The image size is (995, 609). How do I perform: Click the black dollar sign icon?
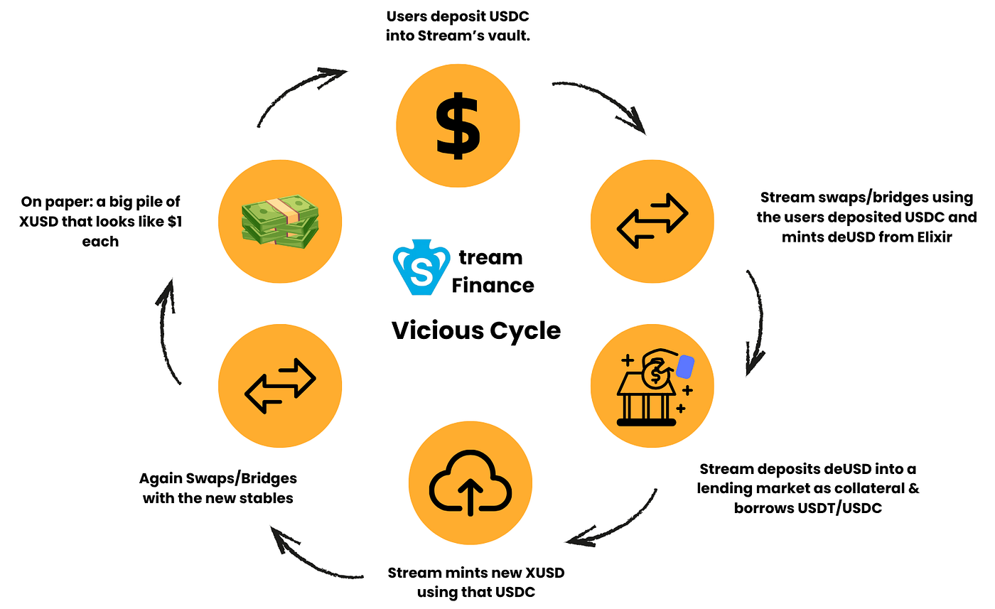tap(458, 126)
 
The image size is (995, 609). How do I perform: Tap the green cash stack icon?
tap(280, 221)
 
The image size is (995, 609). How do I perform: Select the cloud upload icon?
tap(470, 483)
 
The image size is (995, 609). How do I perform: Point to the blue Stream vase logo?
tap(421, 267)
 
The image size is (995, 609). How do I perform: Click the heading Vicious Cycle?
tap(476, 330)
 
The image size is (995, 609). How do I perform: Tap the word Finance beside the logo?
tap(493, 285)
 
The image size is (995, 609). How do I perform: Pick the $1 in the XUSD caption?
tap(175, 221)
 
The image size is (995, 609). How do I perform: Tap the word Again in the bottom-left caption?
tap(161, 478)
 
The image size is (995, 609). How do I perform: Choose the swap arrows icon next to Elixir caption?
tap(652, 221)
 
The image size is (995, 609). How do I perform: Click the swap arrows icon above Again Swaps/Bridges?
tap(280, 386)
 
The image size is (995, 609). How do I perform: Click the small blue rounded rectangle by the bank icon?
tap(685, 367)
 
